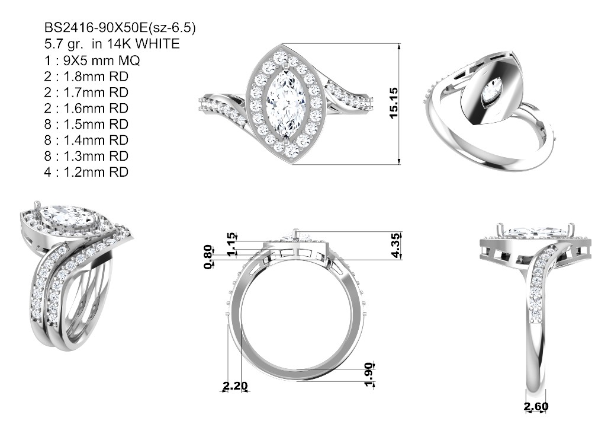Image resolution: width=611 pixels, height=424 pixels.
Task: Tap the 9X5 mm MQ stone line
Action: [x=92, y=60]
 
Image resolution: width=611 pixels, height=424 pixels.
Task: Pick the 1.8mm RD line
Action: [x=86, y=76]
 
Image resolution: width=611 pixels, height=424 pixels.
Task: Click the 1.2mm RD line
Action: [x=86, y=172]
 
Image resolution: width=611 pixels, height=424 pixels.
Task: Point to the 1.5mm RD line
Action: [x=86, y=124]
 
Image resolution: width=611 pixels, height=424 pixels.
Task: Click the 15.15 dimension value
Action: [x=394, y=103]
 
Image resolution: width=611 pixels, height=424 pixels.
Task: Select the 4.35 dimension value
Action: [x=395, y=246]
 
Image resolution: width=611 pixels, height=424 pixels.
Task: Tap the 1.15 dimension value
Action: [x=231, y=245]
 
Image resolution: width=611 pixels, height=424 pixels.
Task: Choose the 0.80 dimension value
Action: [x=208, y=257]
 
